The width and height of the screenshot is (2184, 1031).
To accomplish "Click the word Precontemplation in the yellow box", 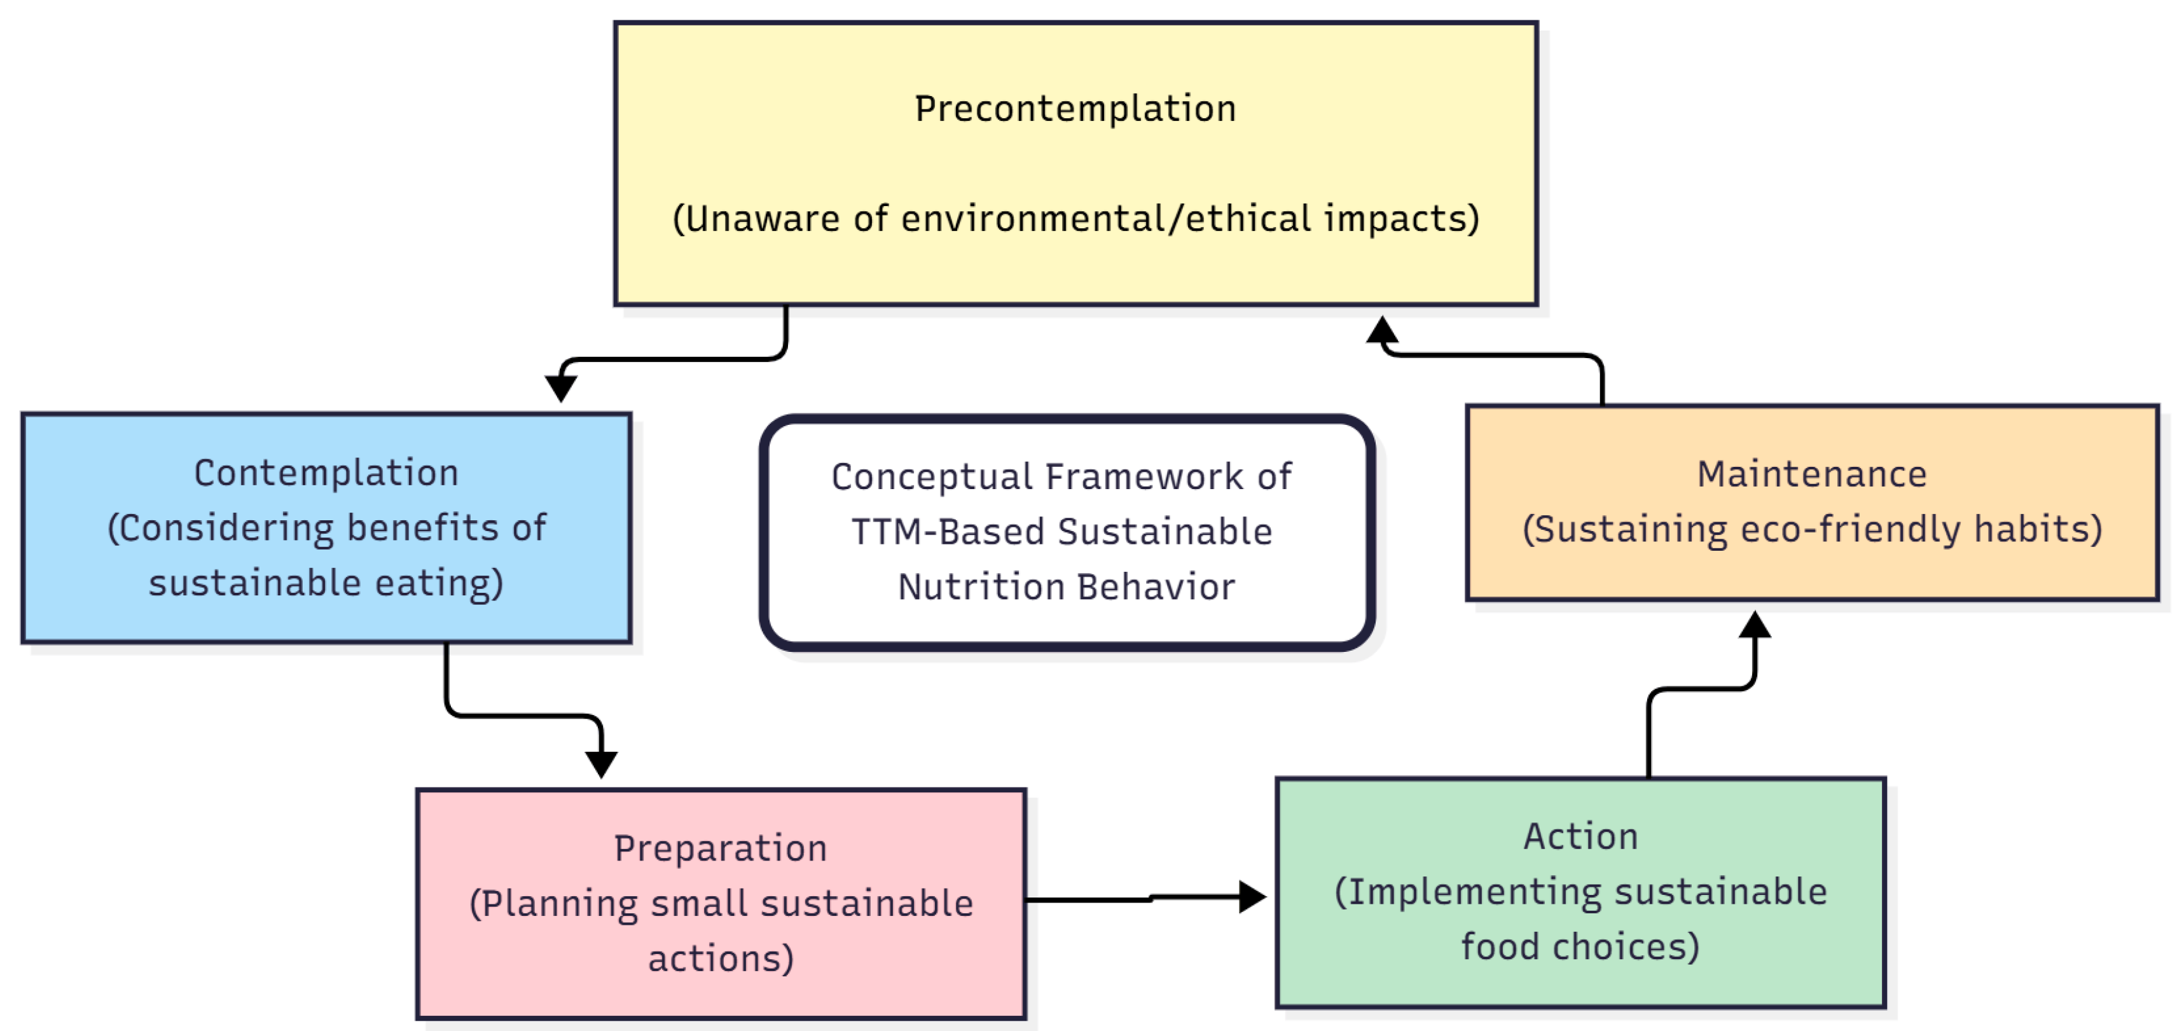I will click(1075, 109).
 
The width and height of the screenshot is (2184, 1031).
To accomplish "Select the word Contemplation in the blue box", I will click(326, 473).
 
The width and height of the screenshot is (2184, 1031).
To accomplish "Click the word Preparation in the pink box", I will click(721, 848).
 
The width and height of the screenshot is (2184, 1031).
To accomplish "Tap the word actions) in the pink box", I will click(721, 959).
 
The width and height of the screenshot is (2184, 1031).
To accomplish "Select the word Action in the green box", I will click(1580, 837).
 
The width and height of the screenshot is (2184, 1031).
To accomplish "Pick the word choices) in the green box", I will click(1626, 947).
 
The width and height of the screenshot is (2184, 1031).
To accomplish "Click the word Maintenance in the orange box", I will click(1812, 474).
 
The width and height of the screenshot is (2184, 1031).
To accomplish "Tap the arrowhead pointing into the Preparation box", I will click(601, 765).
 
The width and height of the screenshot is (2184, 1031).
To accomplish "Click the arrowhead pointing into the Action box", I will click(1252, 896).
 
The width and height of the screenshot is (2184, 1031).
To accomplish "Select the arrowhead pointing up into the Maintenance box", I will click(1754, 624).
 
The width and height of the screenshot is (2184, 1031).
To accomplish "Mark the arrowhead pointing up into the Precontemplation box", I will click(1382, 329).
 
